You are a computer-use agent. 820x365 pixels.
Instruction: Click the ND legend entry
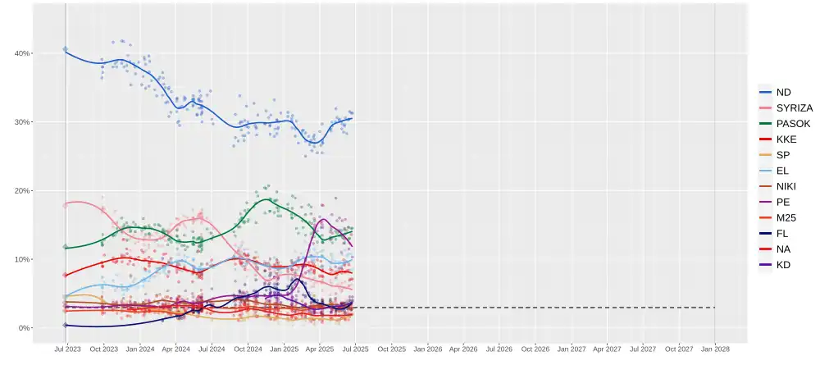[782, 93]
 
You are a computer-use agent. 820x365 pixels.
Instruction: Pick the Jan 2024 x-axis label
[140, 349]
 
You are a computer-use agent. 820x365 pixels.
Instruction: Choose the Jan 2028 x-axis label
[715, 349]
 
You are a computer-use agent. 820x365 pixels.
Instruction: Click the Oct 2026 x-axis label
[535, 349]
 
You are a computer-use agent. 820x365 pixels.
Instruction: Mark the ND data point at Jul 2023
[66, 50]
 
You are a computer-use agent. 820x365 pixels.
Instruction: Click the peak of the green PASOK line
[266, 199]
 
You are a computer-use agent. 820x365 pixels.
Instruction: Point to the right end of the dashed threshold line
[715, 308]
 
